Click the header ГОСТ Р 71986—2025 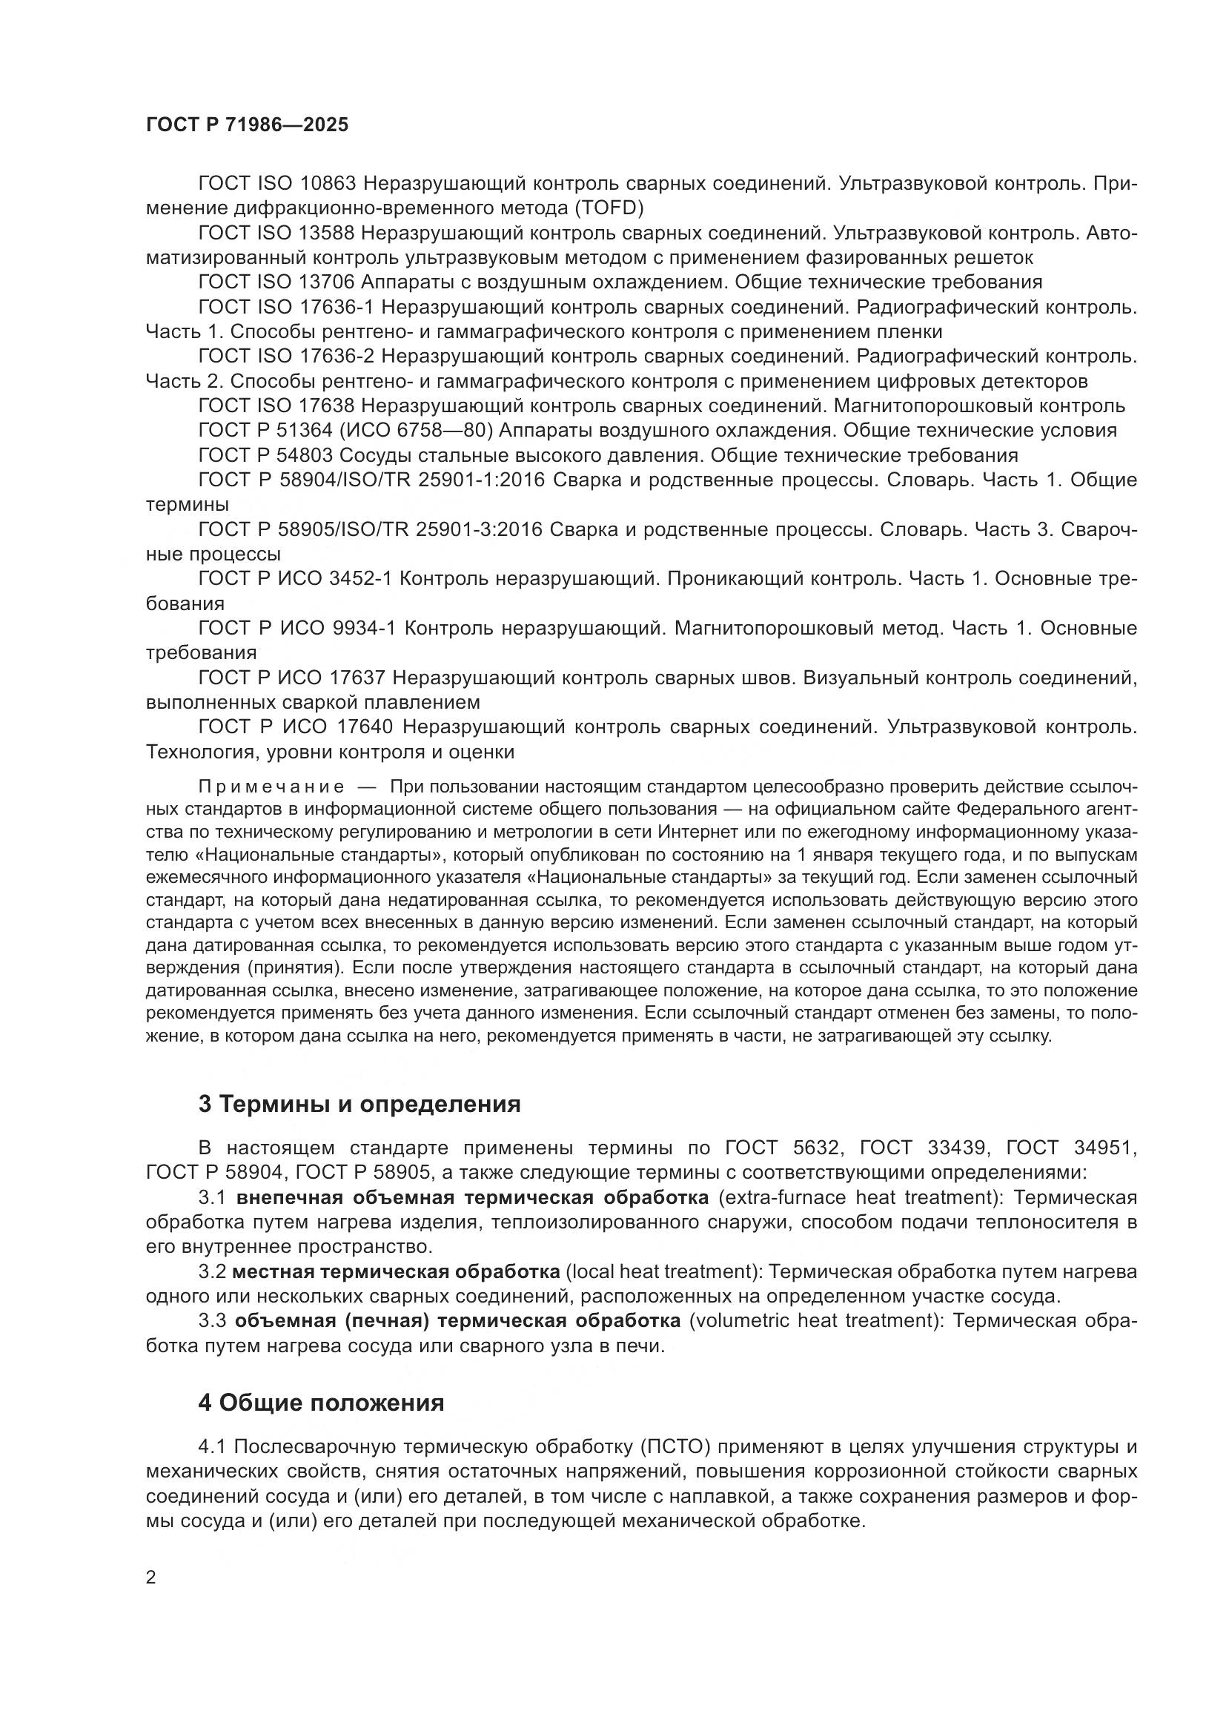pyautogui.click(x=247, y=125)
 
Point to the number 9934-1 pyautogui.click(x=364, y=629)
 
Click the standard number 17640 pyautogui.click(x=362, y=727)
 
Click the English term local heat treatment pyautogui.click(x=661, y=1272)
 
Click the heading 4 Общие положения pyautogui.click(x=321, y=1403)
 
